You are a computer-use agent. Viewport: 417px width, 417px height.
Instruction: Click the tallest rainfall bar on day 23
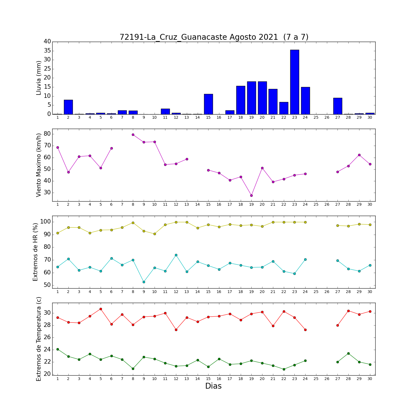pos(295,82)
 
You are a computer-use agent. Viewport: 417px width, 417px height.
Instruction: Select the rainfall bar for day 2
pos(68,107)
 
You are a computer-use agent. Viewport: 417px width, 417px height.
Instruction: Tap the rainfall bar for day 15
pos(209,104)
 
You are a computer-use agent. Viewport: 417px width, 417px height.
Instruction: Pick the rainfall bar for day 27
pos(338,106)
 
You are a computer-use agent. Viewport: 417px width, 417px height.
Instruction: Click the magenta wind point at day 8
pos(133,135)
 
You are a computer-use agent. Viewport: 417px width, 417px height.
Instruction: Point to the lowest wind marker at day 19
pos(251,195)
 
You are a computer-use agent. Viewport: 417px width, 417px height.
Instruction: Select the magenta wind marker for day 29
pos(359,155)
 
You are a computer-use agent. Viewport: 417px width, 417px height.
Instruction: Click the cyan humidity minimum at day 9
pos(144,282)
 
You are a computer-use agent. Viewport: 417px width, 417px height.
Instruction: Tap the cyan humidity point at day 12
pos(176,255)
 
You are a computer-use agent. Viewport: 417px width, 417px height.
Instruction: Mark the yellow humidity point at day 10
pos(155,234)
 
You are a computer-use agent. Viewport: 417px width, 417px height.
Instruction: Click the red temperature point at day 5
pos(101,309)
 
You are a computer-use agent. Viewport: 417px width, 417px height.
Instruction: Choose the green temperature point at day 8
pos(133,369)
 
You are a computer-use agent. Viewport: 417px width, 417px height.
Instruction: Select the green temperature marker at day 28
pos(348,353)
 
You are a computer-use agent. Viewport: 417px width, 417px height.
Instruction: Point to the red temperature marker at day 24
pos(305,330)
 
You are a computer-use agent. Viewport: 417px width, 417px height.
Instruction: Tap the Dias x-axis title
pos(213,386)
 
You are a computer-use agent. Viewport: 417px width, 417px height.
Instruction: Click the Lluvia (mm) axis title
pos(39,78)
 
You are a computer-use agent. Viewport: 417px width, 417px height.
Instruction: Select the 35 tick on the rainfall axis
pos(47,51)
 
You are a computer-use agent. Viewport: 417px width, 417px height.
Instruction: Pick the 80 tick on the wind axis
pos(47,134)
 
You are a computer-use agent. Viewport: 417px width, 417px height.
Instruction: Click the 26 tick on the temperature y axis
pos(47,337)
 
